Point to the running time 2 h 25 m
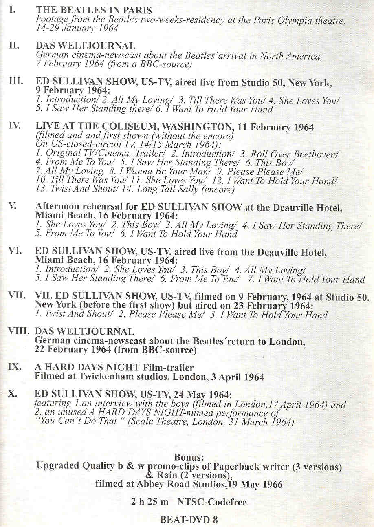coord(150,502)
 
